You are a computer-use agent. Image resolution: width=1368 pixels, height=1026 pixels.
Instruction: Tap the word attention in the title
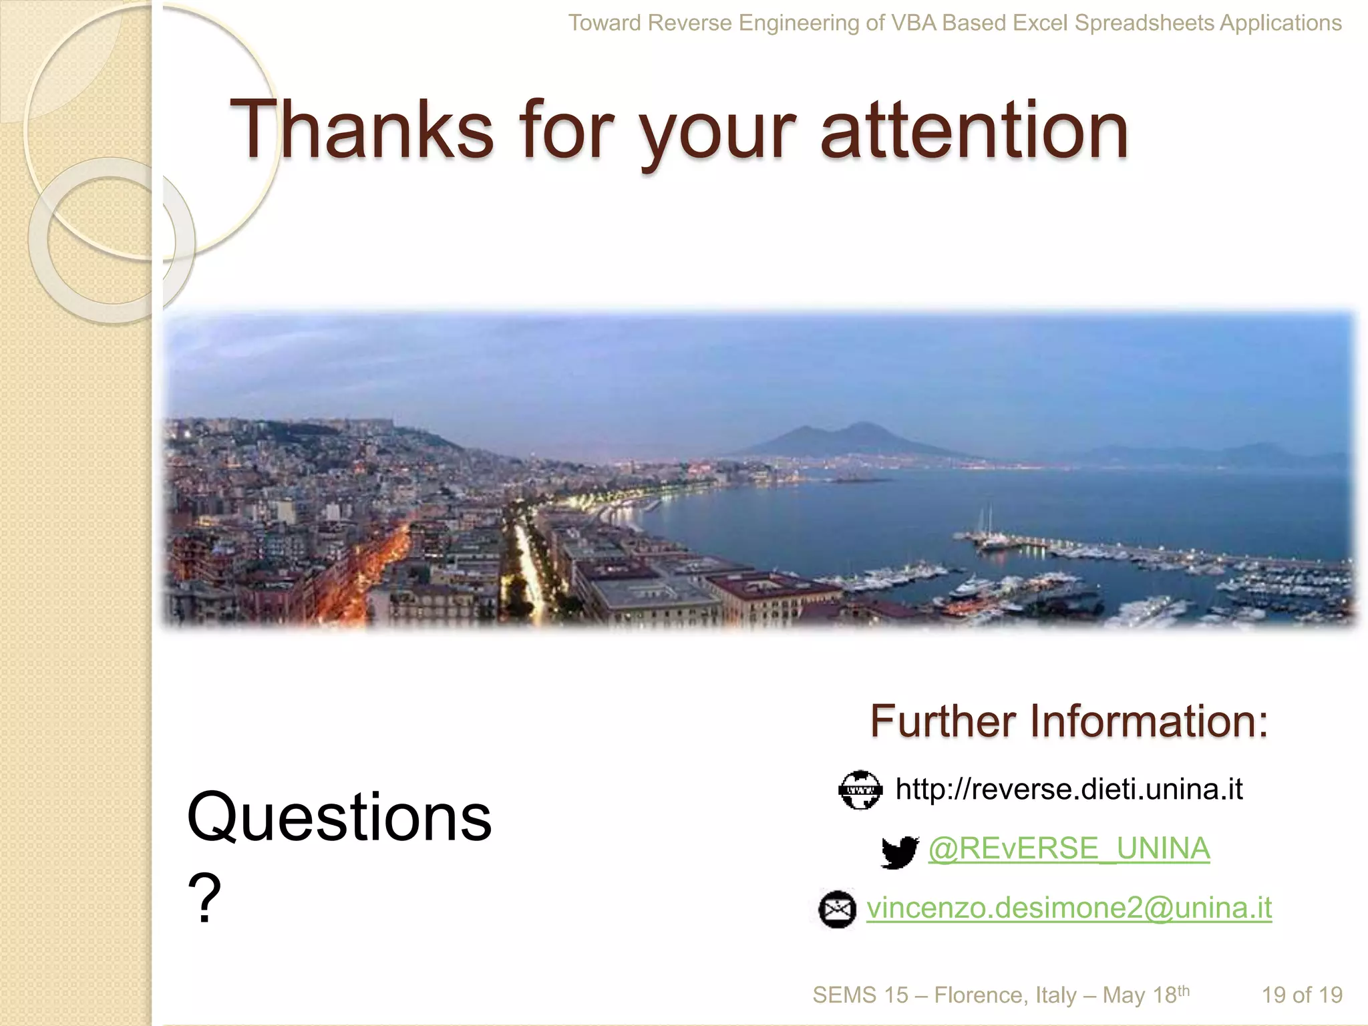click(974, 130)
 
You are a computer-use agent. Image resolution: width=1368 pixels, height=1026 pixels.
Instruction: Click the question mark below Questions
click(204, 898)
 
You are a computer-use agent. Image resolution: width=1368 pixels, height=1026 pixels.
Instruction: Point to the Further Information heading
click(1069, 721)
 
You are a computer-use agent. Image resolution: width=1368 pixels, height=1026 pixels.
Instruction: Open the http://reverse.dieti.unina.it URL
click(1069, 790)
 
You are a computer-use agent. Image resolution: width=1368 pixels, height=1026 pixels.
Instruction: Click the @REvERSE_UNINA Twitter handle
click(1069, 849)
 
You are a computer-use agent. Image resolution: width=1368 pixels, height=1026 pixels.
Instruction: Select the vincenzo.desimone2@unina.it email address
click(1069, 908)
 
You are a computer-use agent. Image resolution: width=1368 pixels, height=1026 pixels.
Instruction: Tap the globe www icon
click(860, 790)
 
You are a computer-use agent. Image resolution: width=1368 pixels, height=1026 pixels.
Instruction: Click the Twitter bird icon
click(899, 852)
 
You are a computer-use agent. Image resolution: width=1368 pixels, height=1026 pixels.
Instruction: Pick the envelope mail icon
click(838, 909)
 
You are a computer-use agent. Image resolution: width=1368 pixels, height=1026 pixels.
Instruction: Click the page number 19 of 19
click(1301, 995)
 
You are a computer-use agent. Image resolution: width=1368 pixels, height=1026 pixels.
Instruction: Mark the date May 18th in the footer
click(1146, 995)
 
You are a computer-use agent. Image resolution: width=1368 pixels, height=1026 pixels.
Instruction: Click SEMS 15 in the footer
click(860, 995)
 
